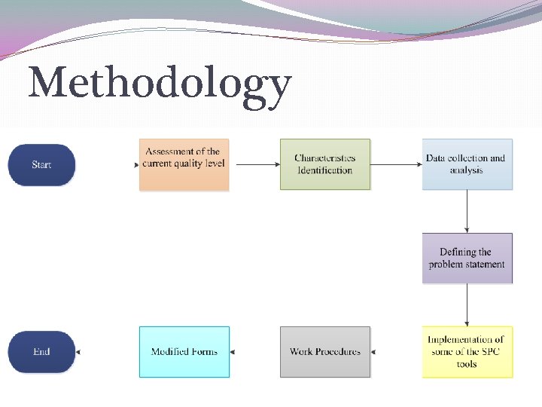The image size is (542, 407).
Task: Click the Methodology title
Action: coord(160,84)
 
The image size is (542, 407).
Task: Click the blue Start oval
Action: coord(41,164)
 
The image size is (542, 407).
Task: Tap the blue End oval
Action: coord(41,352)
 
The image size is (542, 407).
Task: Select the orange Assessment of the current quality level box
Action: coord(184,164)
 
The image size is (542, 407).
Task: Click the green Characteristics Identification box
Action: coord(325,164)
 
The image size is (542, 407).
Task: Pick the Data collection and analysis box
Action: coord(467,164)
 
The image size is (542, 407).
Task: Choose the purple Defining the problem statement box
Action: coord(467,258)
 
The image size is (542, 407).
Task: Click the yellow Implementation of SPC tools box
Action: coord(467,352)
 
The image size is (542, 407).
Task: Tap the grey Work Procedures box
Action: coord(325,352)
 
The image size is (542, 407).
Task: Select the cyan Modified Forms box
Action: coord(184,352)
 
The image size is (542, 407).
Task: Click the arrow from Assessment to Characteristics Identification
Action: coord(254,164)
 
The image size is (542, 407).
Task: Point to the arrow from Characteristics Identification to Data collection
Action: coord(396,164)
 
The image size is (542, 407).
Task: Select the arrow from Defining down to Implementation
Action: coord(467,304)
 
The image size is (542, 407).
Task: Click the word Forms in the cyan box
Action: coord(204,352)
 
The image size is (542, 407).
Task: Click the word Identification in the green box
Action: coord(325,170)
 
